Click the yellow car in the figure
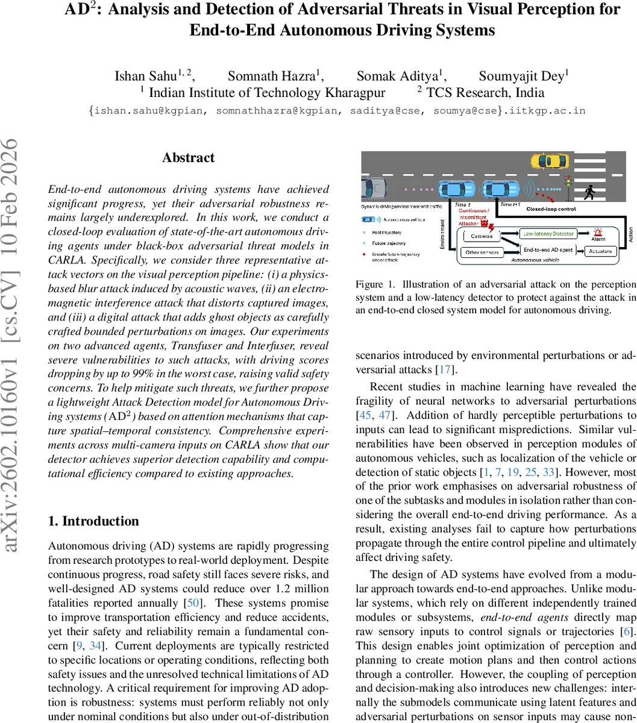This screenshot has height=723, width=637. [x=549, y=161]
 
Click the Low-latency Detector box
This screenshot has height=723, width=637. [x=549, y=233]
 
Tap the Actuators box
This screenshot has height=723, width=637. [x=600, y=251]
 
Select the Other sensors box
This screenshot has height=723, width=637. [x=482, y=253]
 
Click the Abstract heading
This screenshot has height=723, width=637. [x=188, y=158]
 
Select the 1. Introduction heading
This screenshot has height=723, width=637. [x=93, y=521]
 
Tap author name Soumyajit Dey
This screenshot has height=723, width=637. [x=522, y=76]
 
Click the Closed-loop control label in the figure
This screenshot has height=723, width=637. [x=551, y=208]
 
